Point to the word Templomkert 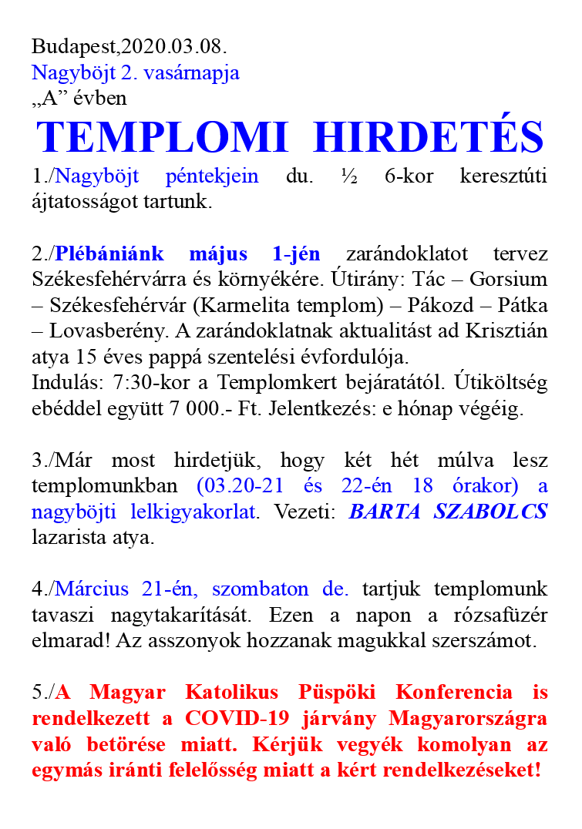pyautogui.click(x=251, y=383)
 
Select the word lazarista pyautogui.click(x=69, y=538)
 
